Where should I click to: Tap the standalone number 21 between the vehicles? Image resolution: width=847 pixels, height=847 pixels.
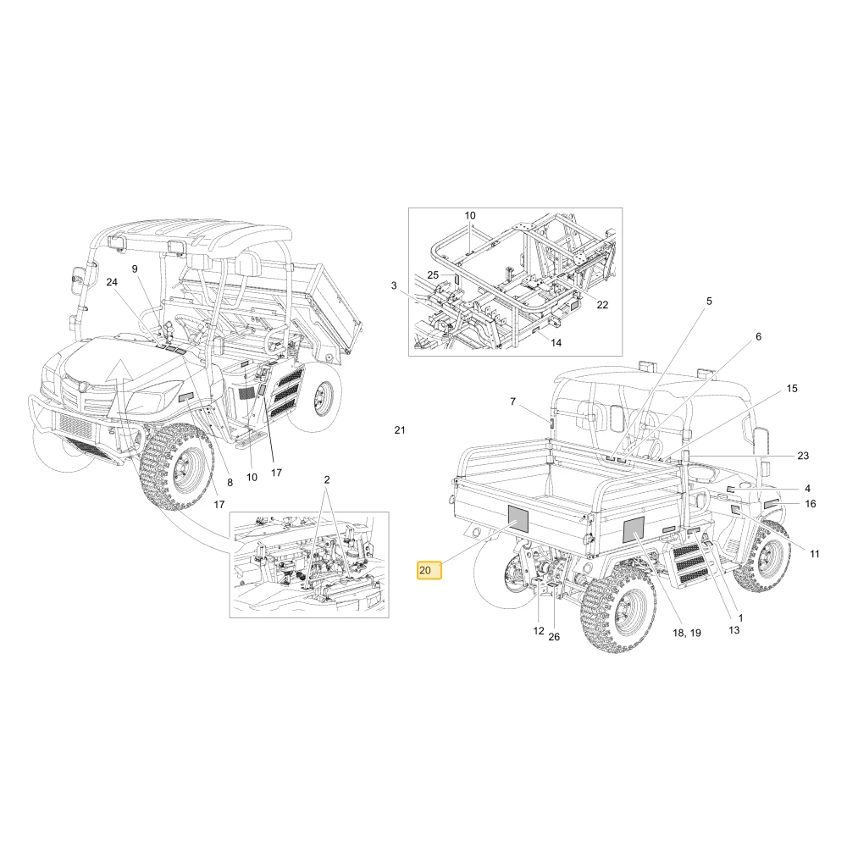pyautogui.click(x=399, y=430)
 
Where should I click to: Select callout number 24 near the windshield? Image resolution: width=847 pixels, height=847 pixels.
pyautogui.click(x=112, y=282)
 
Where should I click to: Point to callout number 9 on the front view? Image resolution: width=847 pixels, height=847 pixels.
pyautogui.click(x=135, y=269)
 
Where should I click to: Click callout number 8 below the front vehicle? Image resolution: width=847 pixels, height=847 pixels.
pyautogui.click(x=230, y=483)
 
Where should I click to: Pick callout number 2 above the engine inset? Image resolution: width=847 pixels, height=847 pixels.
pyautogui.click(x=327, y=479)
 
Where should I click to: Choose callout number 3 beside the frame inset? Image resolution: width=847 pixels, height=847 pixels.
pyautogui.click(x=394, y=285)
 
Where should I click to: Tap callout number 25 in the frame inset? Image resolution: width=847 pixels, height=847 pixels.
pyautogui.click(x=433, y=275)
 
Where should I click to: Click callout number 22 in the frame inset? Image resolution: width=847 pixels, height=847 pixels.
pyautogui.click(x=602, y=305)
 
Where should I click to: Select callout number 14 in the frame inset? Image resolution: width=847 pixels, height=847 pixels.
pyautogui.click(x=556, y=342)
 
